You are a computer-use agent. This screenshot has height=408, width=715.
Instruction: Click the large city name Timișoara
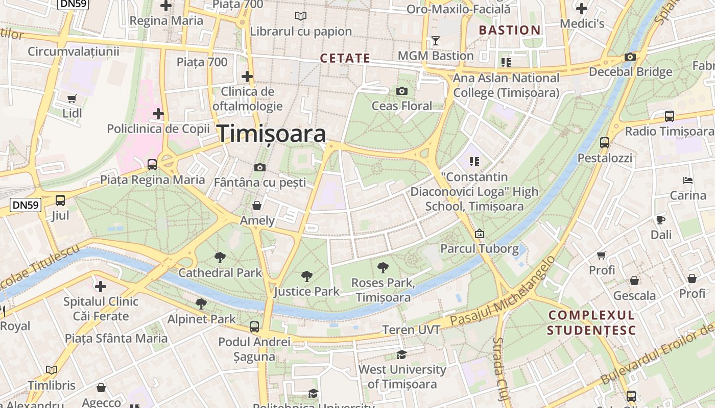tap(272, 134)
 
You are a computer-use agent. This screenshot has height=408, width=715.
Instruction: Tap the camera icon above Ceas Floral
tap(402, 91)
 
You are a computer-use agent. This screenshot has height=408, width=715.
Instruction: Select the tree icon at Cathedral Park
tap(220, 257)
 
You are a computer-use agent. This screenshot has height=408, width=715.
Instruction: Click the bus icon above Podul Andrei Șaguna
tap(254, 326)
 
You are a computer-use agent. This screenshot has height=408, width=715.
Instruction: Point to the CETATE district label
tap(345, 58)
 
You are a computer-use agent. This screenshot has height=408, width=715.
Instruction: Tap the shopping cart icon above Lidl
tap(72, 98)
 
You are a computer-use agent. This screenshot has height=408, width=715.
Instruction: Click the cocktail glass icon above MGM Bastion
tap(435, 40)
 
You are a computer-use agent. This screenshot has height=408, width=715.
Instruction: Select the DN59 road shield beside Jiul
tap(25, 205)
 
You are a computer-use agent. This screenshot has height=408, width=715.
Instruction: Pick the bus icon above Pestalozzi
tap(605, 142)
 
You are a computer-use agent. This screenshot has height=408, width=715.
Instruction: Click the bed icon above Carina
tap(688, 180)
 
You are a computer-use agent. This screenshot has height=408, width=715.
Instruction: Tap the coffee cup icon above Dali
tap(661, 220)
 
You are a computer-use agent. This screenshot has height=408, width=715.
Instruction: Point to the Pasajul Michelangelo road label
tap(503, 294)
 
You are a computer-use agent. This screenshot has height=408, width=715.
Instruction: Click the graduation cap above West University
tap(402, 354)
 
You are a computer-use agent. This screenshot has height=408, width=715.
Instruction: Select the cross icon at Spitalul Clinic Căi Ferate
tap(101, 287)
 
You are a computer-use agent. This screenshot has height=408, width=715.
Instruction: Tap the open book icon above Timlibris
tap(52, 370)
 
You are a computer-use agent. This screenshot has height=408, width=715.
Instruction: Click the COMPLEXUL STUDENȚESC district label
tap(591, 322)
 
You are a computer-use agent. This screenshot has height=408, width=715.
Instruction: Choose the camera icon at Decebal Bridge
tap(630, 57)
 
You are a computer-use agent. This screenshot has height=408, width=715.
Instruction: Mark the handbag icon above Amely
tap(257, 206)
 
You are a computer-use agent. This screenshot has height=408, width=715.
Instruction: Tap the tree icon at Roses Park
tap(383, 267)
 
